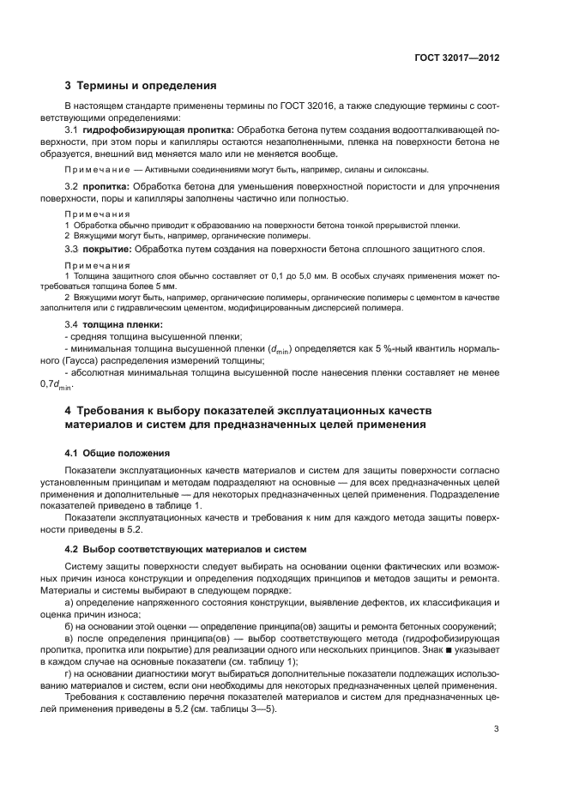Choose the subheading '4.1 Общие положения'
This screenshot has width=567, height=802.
coord(118,452)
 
